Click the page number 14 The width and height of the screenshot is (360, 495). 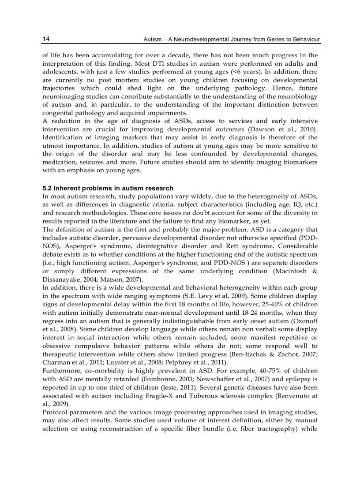46,39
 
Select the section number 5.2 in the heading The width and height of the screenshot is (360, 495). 47,189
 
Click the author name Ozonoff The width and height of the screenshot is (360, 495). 304,320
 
